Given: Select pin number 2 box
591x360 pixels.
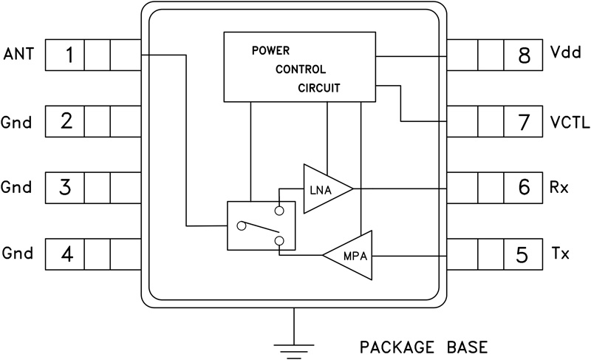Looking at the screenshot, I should [x=66, y=120].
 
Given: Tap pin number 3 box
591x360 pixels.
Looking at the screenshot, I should [x=66, y=187].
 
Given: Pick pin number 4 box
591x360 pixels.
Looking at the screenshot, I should [x=66, y=254].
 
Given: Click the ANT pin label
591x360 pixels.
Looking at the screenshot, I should [x=18, y=55].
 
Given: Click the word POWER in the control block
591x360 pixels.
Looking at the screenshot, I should [x=270, y=52].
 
